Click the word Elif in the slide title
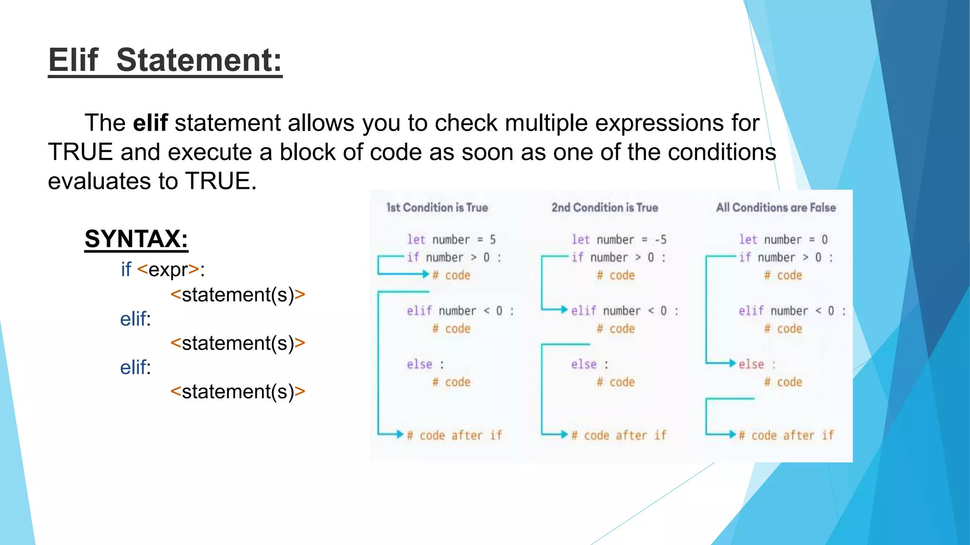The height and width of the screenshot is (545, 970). pyautogui.click(x=73, y=61)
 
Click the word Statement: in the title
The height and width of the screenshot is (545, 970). pyautogui.click(x=199, y=61)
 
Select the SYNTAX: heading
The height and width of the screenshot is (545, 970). pyautogui.click(x=136, y=239)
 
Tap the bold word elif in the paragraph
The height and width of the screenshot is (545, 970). pyautogui.click(x=150, y=123)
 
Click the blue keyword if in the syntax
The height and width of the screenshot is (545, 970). pyautogui.click(x=126, y=270)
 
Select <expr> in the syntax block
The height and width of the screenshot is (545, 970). pyautogui.click(x=168, y=270)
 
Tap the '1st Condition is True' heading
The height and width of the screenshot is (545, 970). pyautogui.click(x=437, y=208)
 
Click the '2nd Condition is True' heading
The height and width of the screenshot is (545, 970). pyautogui.click(x=604, y=208)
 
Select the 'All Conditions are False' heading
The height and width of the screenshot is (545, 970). pyautogui.click(x=776, y=208)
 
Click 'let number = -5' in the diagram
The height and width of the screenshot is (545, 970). pyautogui.click(x=619, y=240)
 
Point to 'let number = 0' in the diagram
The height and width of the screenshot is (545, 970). pyautogui.click(x=783, y=240)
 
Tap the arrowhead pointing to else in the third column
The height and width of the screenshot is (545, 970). pyautogui.click(x=732, y=363)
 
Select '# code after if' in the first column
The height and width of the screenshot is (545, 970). pyautogui.click(x=454, y=435)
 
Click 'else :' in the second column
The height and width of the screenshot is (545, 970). pyautogui.click(x=589, y=364)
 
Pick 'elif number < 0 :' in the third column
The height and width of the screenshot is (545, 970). pyautogui.click(x=791, y=311)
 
